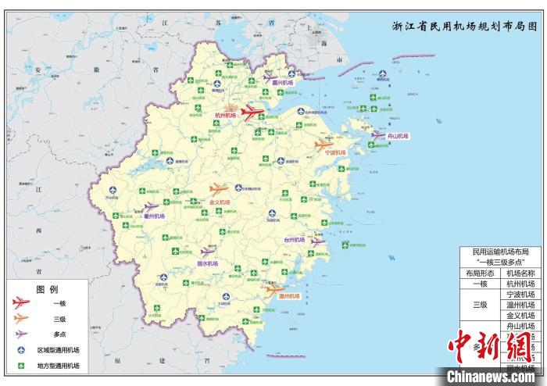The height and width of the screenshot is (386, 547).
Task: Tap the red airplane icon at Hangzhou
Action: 254,112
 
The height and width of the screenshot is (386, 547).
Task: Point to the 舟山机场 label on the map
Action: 398,136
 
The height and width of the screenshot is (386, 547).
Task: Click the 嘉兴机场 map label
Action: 282,82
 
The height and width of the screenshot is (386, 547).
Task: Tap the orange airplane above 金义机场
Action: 220,189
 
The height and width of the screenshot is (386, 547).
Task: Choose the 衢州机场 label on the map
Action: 155,216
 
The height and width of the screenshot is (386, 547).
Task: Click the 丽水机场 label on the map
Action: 207,264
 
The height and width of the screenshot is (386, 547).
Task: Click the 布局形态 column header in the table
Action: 481,273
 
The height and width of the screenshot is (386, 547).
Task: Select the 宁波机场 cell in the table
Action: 520,295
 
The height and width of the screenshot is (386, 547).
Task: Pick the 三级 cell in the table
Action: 481,305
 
